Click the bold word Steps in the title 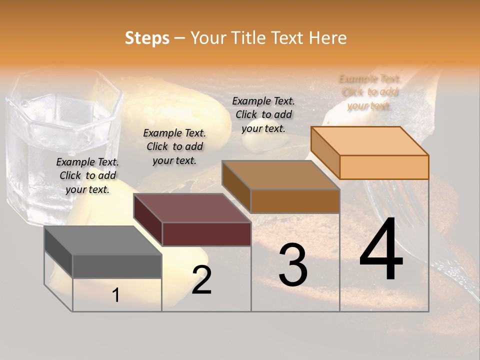tap(147, 38)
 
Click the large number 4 tap(381, 250)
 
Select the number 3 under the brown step tap(292, 265)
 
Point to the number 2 tap(201, 280)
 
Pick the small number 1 tap(116, 295)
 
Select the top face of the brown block tap(280, 175)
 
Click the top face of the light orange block tap(369, 140)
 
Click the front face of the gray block tap(117, 266)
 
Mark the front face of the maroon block tap(206, 234)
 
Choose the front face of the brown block tap(295, 201)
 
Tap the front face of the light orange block tap(384, 167)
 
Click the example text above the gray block tap(87, 175)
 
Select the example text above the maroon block tap(174, 146)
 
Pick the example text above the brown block tap(263, 114)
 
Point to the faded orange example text tap(370, 92)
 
